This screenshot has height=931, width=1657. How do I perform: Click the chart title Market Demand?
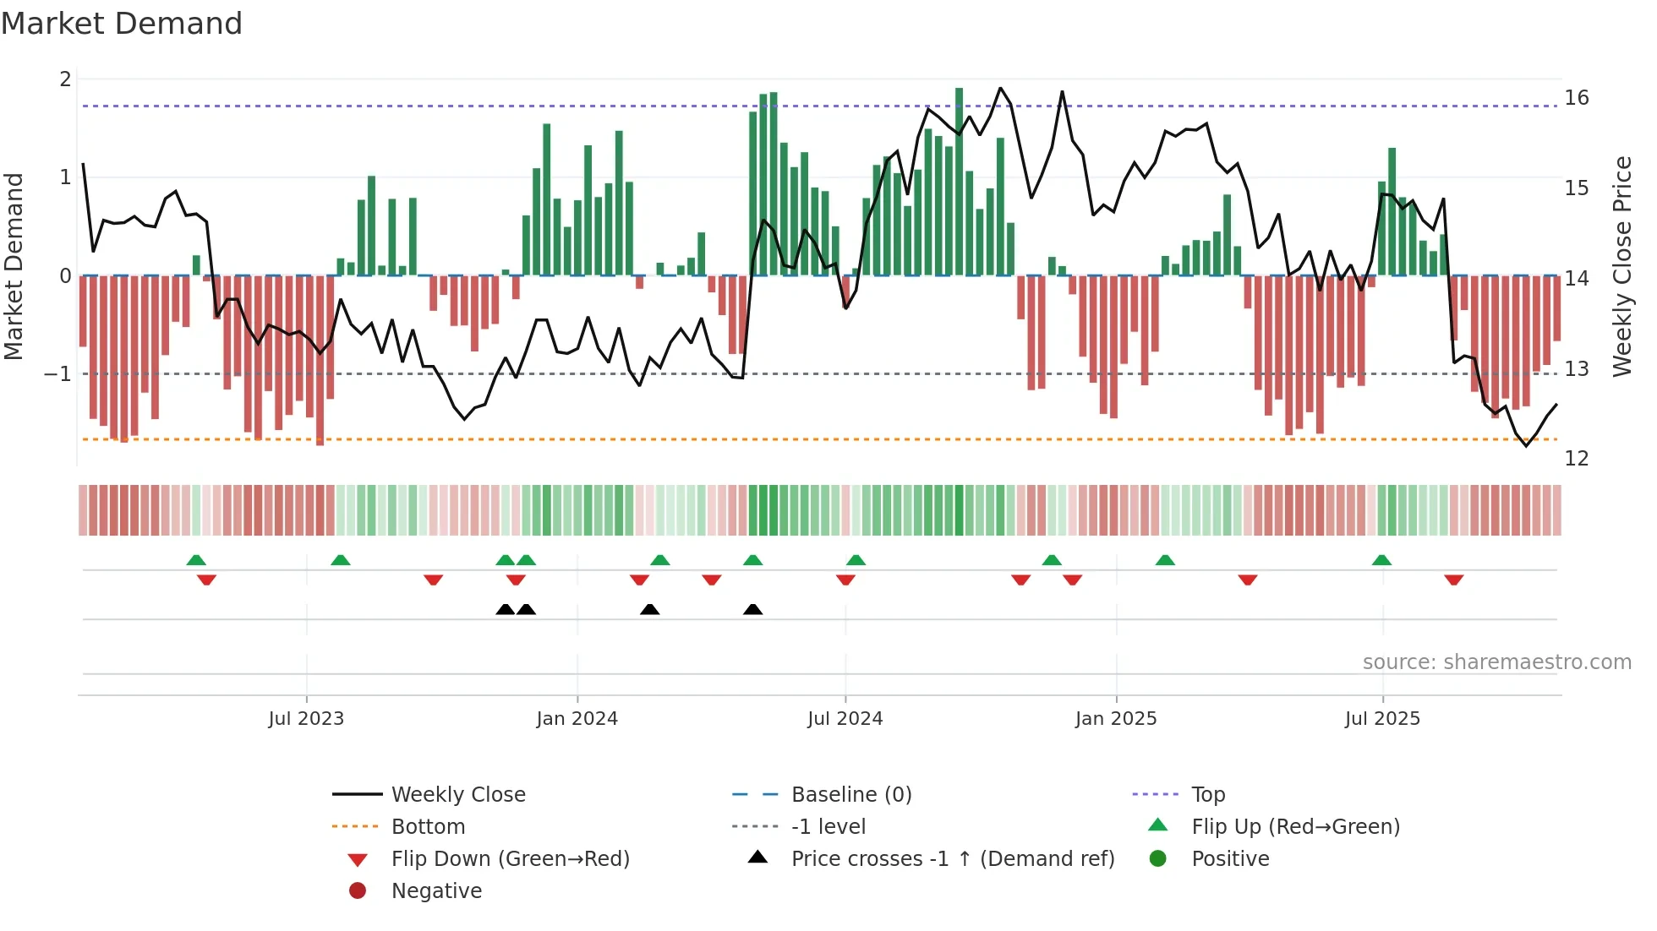coord(122,24)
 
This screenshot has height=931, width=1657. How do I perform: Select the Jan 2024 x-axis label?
coord(577,719)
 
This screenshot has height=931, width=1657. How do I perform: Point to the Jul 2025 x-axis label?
coord(1382,719)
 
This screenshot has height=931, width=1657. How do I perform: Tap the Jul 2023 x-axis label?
coord(306,719)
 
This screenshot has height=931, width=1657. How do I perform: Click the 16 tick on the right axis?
coord(1576,98)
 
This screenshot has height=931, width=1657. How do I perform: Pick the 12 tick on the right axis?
coord(1576,459)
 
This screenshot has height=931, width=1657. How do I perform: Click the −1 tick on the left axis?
coord(57,373)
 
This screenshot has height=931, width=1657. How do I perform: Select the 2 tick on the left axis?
coord(65,79)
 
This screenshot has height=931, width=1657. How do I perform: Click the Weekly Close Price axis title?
coord(1621,266)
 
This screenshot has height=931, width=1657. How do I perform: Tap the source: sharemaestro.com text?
coord(1496,662)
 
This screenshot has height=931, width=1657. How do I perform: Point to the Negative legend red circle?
coord(358,891)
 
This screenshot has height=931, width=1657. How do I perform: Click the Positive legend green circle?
coord(1158,859)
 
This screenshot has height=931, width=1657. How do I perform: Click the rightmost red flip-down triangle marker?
coord(1453,580)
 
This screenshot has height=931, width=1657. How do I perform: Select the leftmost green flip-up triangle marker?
coord(196,560)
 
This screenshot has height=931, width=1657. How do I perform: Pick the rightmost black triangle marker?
coord(752,609)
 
